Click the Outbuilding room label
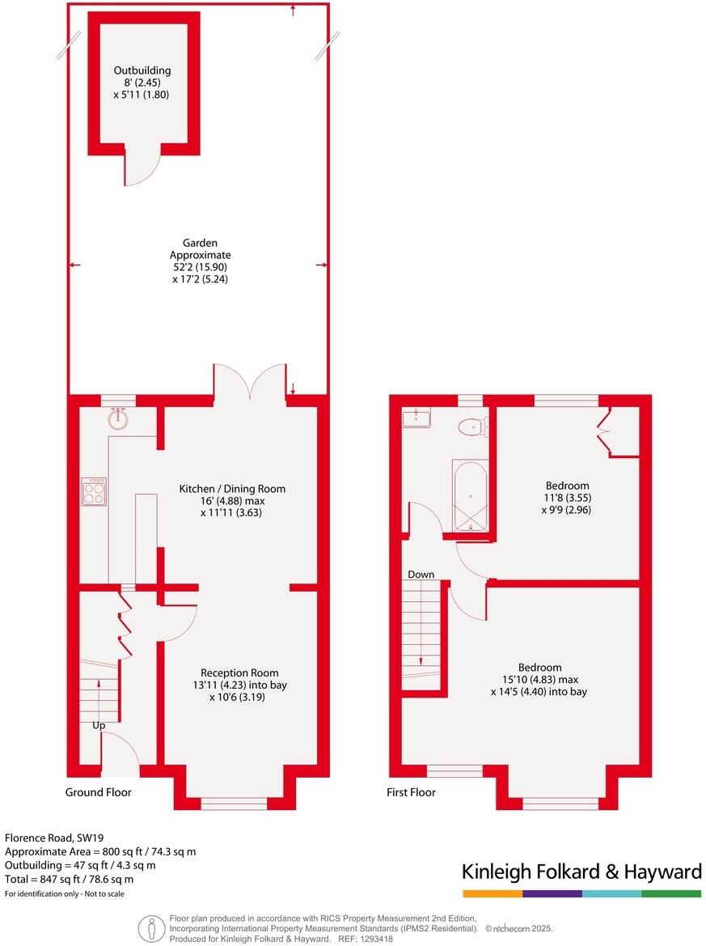click(142, 70)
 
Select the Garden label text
click(200, 243)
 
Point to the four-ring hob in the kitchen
click(93, 491)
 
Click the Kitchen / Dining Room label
click(232, 489)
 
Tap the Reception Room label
click(239, 672)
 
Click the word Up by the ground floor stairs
click(99, 726)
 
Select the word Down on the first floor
click(421, 575)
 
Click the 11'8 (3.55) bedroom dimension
click(566, 498)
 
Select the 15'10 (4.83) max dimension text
click(539, 680)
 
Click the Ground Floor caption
click(98, 792)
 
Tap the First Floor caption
click(411, 792)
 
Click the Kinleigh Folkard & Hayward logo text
click(581, 872)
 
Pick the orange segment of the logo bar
click(493, 893)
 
